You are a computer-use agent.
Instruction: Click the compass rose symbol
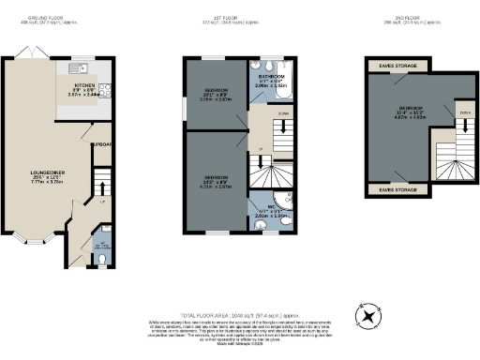367,316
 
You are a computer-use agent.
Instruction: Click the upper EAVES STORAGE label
398,66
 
